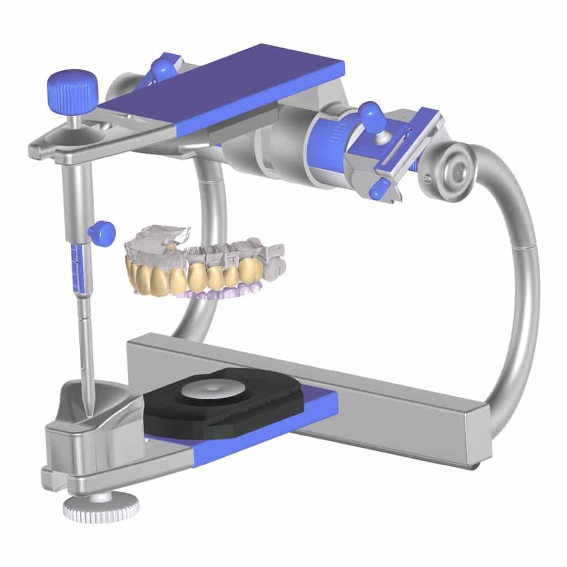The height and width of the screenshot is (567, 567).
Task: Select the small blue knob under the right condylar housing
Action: (378, 190)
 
